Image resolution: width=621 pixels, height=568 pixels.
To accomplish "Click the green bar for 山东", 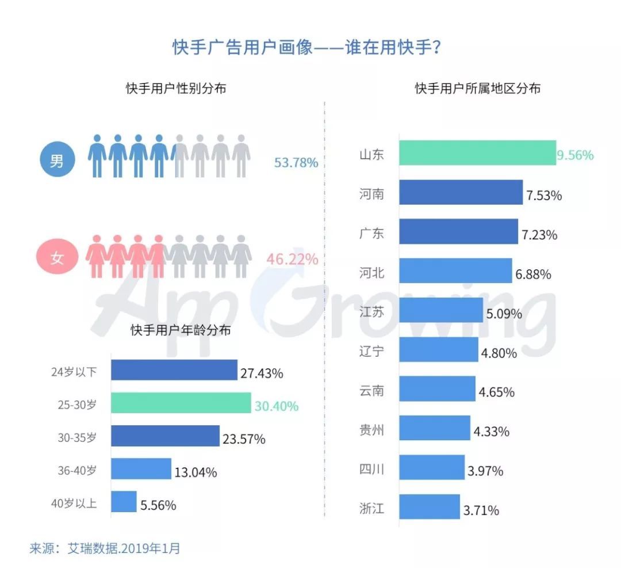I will point(477,153).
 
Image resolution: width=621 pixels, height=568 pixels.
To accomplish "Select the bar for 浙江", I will point(430,507).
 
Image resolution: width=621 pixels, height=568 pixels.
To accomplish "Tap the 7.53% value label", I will point(543,195).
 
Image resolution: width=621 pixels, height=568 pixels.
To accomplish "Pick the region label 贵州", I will point(371,430).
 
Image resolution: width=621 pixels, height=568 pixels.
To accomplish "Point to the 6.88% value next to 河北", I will point(533,274).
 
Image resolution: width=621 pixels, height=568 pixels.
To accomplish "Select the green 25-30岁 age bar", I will point(181,403).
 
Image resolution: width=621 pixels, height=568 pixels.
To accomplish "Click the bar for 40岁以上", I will point(124,502).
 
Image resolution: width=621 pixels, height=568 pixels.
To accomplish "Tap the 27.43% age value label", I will point(262,373).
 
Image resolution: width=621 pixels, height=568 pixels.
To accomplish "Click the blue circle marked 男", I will point(57,161).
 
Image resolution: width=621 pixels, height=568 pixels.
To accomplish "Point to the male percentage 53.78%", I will point(296,162).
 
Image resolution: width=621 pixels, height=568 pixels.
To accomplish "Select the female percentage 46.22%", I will point(292,259).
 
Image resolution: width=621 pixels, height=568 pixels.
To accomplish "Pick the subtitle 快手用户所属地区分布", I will point(477,89).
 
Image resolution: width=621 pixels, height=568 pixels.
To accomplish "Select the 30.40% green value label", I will point(276,406).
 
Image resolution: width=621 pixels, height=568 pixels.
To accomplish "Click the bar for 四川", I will point(432,467).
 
